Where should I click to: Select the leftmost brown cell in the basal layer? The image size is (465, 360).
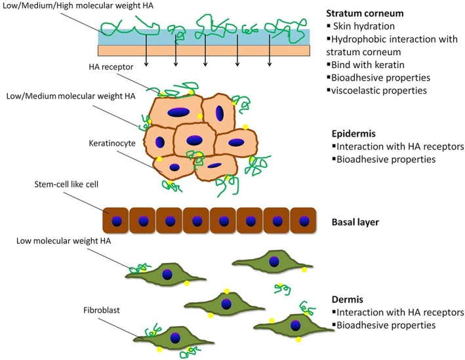click(x=115, y=220)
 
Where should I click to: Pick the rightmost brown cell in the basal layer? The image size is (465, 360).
click(x=302, y=220)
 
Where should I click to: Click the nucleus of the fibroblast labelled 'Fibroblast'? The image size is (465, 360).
click(x=175, y=337)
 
